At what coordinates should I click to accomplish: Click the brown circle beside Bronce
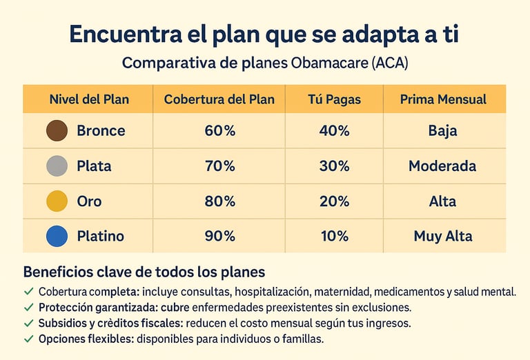click(x=57, y=130)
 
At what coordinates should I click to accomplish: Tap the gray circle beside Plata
click(x=57, y=166)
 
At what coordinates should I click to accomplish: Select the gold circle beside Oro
click(x=57, y=201)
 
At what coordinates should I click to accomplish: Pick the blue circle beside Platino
click(x=57, y=237)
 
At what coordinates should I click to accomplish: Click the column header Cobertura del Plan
click(x=219, y=99)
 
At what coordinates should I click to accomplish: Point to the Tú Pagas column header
click(x=335, y=99)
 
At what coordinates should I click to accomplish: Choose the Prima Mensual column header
click(x=443, y=99)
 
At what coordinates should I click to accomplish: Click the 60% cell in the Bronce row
click(x=219, y=131)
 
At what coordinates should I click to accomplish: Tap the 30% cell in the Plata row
click(x=335, y=166)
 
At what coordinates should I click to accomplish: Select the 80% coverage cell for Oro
click(x=219, y=201)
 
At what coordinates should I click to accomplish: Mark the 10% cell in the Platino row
click(x=335, y=237)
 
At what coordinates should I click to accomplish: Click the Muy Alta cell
click(x=443, y=237)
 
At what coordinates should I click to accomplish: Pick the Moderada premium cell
click(x=442, y=166)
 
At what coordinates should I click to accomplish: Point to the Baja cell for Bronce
click(x=442, y=131)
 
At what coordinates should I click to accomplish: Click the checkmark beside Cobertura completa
click(x=28, y=292)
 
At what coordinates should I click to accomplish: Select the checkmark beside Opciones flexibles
click(x=28, y=339)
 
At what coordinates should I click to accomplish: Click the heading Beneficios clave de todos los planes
click(x=144, y=272)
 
